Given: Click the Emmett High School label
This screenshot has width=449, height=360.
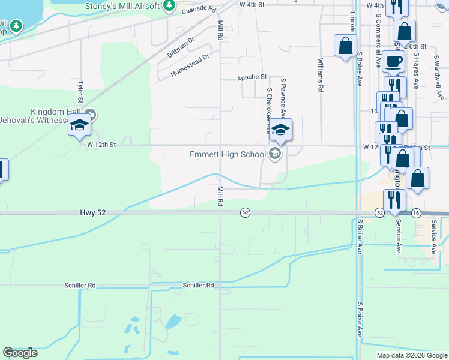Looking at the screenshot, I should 228,154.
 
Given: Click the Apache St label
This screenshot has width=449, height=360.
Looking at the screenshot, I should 252,77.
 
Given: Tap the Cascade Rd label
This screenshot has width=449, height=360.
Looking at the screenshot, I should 198,10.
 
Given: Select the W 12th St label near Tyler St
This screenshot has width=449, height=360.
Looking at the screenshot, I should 101,145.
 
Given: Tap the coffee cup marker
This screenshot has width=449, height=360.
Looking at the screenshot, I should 393,61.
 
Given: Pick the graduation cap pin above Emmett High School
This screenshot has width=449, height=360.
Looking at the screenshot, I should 280,129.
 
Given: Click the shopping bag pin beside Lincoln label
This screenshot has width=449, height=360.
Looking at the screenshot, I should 346,46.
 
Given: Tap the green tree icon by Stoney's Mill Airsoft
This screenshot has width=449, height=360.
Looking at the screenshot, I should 169,6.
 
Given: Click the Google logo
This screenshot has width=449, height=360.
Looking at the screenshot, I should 20,353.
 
